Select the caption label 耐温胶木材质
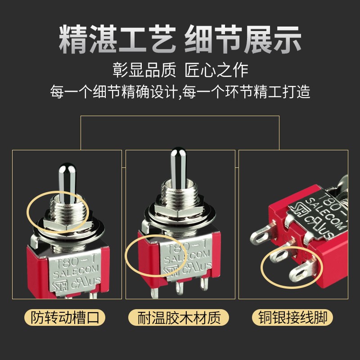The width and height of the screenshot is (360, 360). [x=180, y=318]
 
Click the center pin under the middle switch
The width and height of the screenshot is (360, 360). [x=180, y=288]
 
